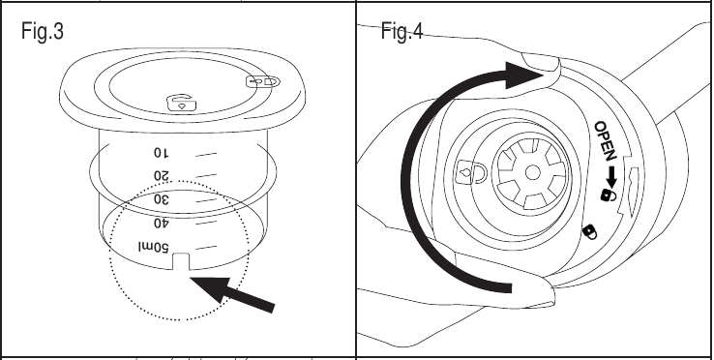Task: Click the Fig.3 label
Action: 43,31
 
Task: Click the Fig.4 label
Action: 402,31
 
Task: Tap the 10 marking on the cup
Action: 161,153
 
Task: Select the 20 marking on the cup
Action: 161,176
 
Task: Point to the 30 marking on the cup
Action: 162,199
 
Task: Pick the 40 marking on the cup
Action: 162,224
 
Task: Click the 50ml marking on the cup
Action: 154,248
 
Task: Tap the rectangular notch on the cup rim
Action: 181,261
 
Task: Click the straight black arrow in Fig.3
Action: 232,294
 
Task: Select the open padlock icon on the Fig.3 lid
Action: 183,104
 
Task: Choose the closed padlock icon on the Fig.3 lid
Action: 263,82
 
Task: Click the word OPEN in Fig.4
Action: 606,141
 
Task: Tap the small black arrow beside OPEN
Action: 611,177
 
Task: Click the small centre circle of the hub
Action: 532,173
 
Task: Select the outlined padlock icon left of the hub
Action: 472,172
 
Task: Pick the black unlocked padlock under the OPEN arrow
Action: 609,195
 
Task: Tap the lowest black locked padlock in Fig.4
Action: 590,232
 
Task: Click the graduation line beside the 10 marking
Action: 206,155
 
